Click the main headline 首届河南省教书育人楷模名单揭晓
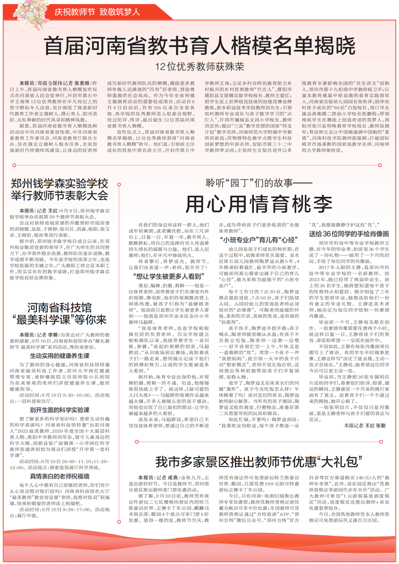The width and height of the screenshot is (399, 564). (200, 45)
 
